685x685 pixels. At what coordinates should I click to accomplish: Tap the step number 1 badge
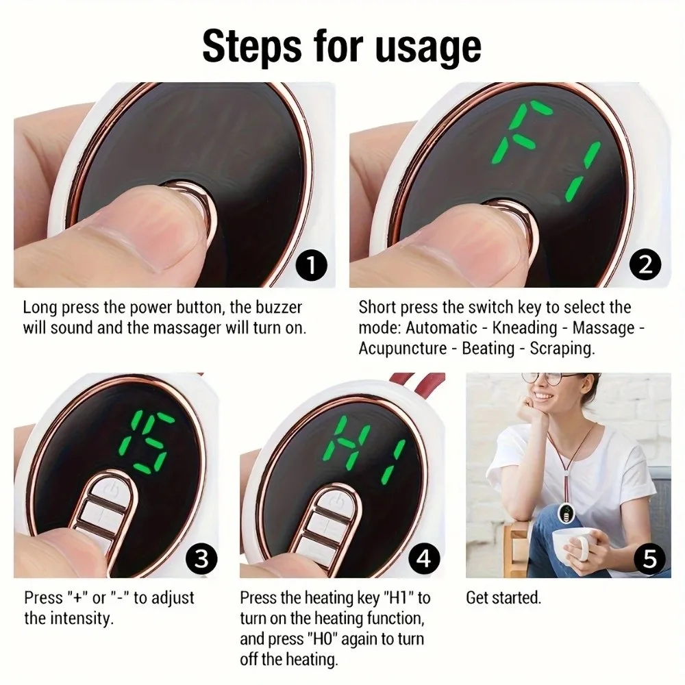312,265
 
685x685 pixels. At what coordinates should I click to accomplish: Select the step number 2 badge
646,265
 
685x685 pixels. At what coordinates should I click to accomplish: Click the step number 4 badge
424,558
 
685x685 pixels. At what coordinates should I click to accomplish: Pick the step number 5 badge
649,558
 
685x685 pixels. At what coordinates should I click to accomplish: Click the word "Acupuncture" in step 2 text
402,348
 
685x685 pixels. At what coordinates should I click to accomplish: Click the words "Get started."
503,598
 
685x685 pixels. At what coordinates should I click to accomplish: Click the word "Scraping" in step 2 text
561,348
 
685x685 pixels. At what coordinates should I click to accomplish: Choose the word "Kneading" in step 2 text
527,327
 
